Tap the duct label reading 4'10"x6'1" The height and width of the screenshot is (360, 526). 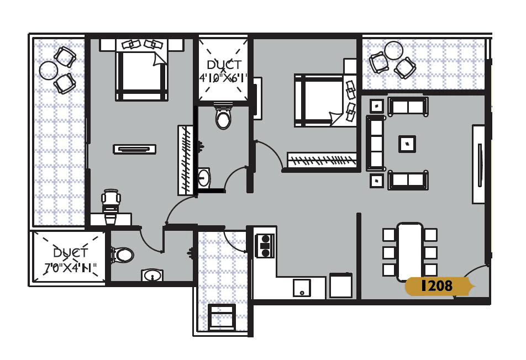223,72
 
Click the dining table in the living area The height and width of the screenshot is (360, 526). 409,251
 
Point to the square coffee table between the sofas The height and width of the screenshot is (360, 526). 407,144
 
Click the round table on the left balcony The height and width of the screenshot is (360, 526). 49,70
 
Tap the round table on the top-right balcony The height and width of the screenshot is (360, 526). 394,50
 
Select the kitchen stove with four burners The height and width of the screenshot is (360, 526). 265,245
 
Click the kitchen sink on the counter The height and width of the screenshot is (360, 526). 302,287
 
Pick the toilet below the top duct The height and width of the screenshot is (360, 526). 223,118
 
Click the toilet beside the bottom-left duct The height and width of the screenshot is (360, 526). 123,255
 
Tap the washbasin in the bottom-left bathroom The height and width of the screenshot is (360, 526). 152,275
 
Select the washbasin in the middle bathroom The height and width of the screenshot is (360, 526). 204,178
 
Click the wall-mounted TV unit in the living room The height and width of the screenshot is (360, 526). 478,164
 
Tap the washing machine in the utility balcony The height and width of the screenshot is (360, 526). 222,316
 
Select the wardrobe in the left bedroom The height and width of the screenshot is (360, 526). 185,160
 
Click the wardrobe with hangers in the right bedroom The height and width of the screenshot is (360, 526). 322,160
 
